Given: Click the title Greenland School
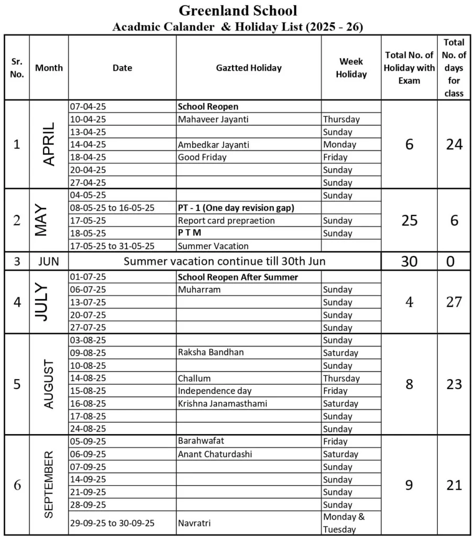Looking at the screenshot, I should (x=238, y=10).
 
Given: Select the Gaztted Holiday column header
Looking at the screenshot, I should (x=249, y=68).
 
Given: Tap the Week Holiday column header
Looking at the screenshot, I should (x=351, y=68).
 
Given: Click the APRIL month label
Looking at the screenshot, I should (x=48, y=144).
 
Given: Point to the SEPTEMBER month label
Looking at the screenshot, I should (x=48, y=485).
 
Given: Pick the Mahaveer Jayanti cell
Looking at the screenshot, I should (x=213, y=119).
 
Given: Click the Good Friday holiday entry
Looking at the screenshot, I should (x=202, y=157).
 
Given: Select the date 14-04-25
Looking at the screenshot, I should (x=88, y=144).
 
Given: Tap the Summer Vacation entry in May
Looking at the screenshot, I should (x=213, y=245).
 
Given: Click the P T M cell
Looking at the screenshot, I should (x=190, y=233).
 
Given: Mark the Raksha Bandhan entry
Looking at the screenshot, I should (x=211, y=352).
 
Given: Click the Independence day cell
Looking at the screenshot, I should (x=215, y=391).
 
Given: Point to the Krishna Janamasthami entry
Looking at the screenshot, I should (x=223, y=403).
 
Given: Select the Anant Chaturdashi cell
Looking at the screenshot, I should (x=215, y=454).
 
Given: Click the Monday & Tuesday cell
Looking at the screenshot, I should (x=344, y=523).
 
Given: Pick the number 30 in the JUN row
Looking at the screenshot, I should (x=409, y=261).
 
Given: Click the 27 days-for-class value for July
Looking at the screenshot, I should (x=454, y=302).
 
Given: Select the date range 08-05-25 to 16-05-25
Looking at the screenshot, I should (x=112, y=208).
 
